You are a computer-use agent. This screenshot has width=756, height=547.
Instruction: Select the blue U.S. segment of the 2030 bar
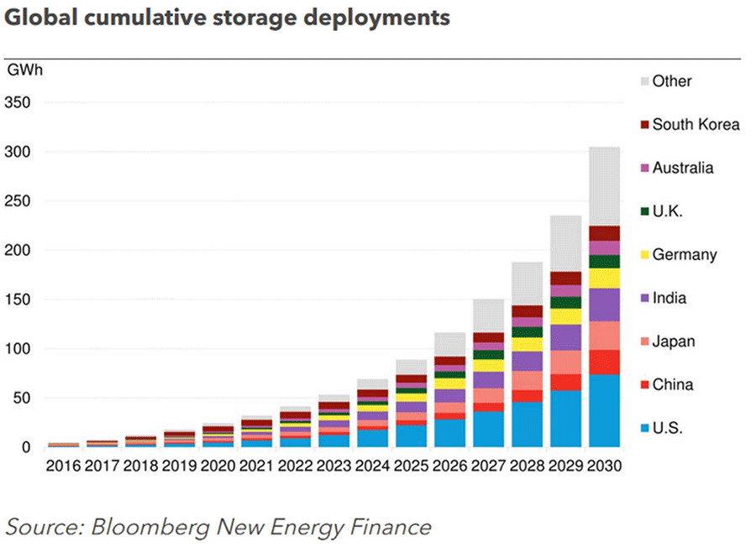point(604,411)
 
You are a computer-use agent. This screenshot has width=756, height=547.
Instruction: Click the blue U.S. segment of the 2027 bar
point(488,429)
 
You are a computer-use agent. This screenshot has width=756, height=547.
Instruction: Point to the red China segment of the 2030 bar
point(604,362)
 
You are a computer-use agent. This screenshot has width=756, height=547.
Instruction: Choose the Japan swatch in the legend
point(644,342)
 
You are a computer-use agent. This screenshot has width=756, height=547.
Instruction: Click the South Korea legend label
point(696,125)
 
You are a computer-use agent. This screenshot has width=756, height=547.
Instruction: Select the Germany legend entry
point(685,255)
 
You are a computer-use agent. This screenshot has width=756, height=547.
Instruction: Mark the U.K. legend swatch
point(644,211)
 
